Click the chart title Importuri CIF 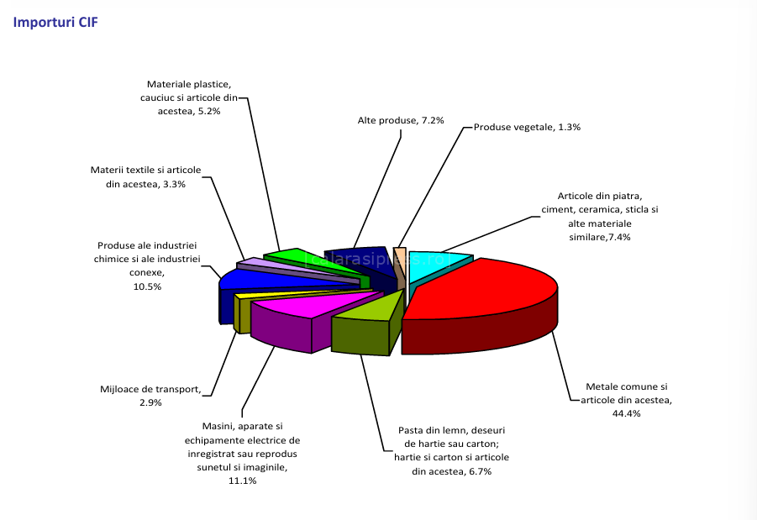[55, 23]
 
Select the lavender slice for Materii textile [260, 265]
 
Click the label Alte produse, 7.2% [388, 121]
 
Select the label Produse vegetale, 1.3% [527, 127]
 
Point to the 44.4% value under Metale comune [627, 413]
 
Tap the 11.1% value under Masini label [242, 481]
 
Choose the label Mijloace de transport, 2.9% [150, 396]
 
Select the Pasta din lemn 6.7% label [451, 451]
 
